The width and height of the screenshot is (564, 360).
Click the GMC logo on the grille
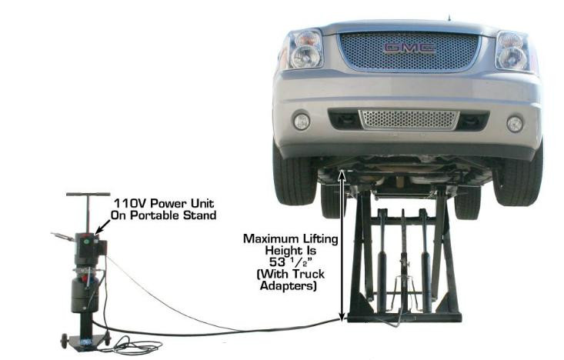(x=409, y=48)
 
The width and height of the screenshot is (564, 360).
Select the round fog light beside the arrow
(x=302, y=121)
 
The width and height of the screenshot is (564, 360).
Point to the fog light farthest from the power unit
(x=515, y=123)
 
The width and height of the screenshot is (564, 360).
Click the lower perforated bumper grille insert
(x=409, y=118)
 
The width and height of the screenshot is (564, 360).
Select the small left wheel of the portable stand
(x=65, y=341)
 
